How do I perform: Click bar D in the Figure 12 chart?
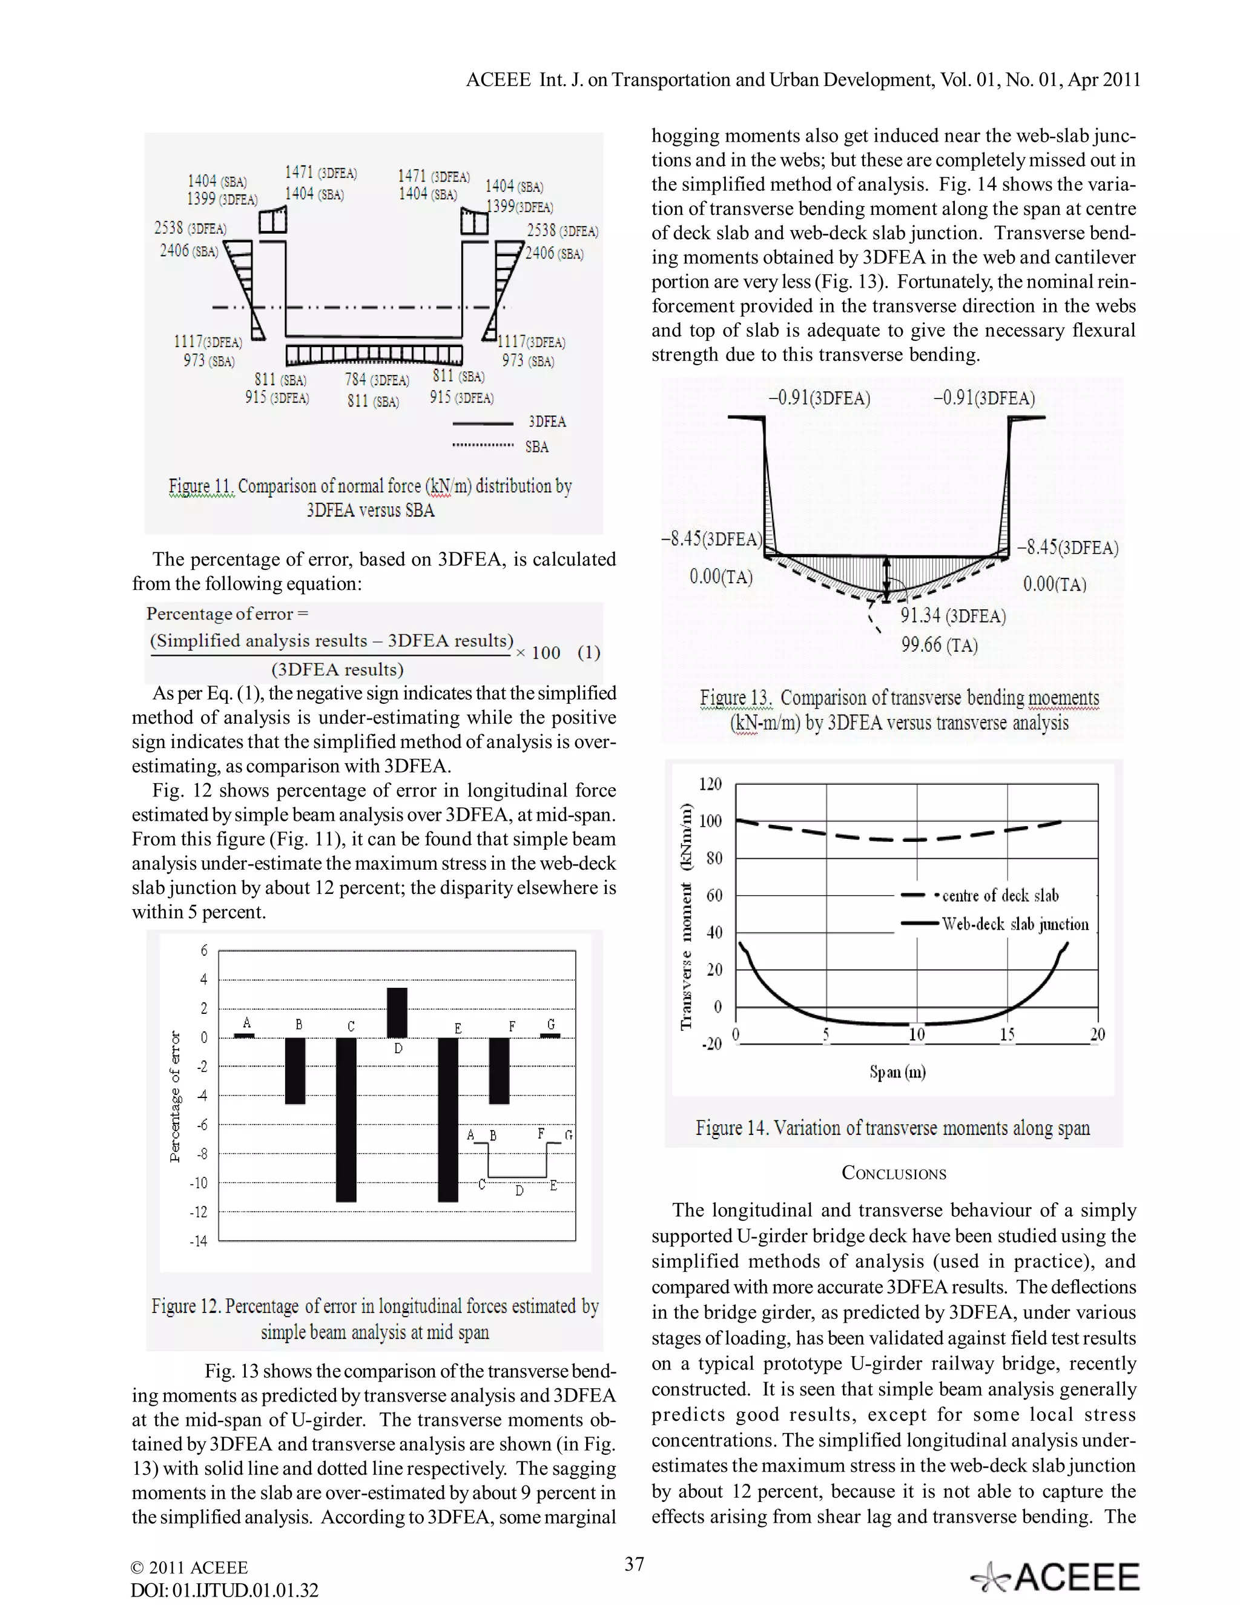397,1013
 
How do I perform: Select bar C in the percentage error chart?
346,1119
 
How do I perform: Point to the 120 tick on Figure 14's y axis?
710,784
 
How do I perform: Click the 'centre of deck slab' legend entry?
999,896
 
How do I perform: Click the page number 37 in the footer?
634,1564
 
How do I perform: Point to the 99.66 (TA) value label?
940,645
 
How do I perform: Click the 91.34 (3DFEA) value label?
953,616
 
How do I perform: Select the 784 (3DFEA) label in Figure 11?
377,380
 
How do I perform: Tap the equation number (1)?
589,652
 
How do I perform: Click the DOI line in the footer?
224,1590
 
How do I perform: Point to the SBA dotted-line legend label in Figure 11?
537,447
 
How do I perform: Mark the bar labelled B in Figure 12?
295,1070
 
